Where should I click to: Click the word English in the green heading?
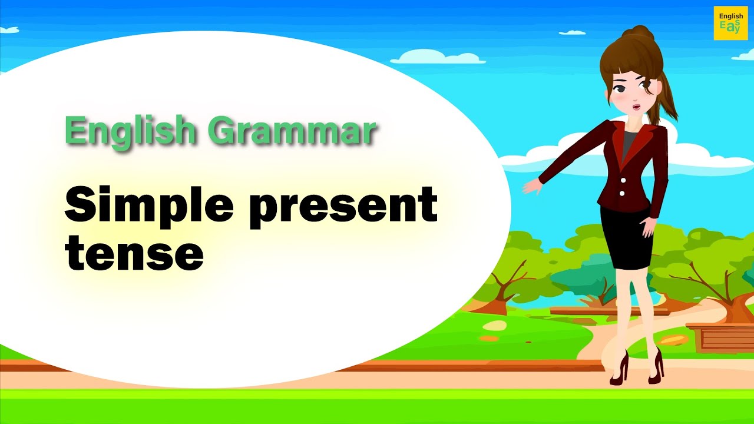pyautogui.click(x=130, y=131)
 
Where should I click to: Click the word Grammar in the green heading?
pyautogui.click(x=292, y=131)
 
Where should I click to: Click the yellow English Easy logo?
pyautogui.click(x=730, y=23)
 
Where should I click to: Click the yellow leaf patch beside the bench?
pyautogui.click(x=673, y=340)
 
